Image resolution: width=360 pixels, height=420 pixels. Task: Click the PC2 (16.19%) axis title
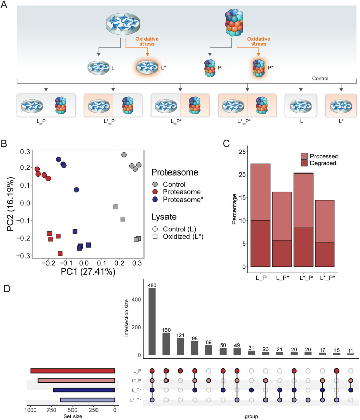coord(9,209)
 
